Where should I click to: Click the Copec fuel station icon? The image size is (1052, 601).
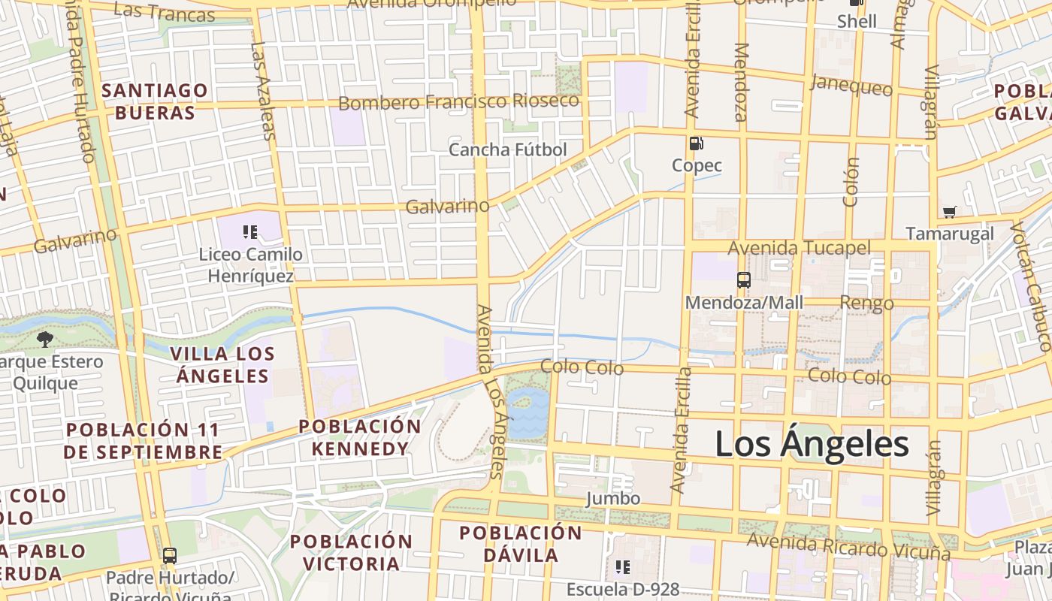696,143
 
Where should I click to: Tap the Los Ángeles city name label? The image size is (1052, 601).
812,444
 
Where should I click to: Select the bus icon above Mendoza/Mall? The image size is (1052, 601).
744,280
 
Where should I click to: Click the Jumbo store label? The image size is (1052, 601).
613,499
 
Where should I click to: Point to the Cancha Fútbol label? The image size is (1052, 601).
507,149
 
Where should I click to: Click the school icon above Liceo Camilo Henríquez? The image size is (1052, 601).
250,231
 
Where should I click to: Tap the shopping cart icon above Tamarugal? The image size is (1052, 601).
949,212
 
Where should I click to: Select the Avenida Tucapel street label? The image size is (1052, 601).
799,249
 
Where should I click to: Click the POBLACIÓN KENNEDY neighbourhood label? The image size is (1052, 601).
360,437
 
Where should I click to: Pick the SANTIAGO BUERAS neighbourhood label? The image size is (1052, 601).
155,101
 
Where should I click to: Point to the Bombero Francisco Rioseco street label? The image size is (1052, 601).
458,101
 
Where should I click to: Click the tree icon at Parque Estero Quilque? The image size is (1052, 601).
45,339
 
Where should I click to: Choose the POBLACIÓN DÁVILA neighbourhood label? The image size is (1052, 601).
521,544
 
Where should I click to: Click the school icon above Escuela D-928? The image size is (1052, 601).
622,566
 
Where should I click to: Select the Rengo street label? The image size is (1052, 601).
866,304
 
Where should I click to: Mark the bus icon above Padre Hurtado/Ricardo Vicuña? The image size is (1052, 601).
170,556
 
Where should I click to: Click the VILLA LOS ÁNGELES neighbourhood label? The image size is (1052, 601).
222,364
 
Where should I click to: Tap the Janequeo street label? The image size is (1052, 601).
851,86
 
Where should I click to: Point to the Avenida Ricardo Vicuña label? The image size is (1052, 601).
848,547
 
